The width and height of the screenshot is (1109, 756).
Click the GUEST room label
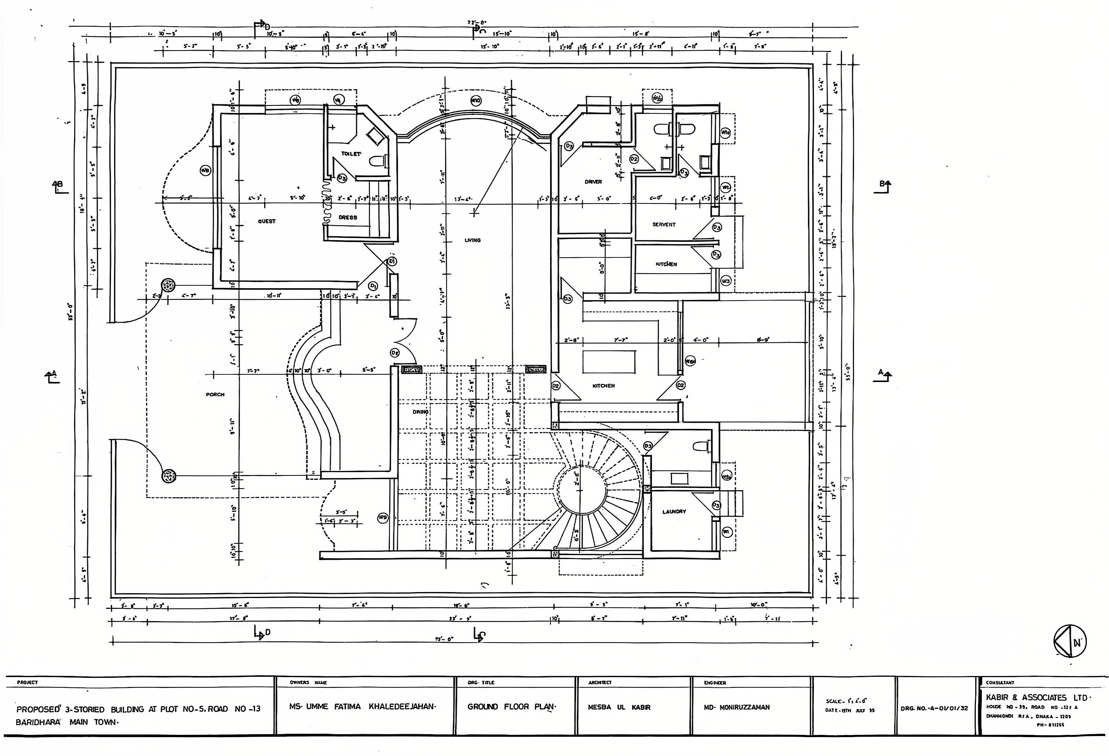pyautogui.click(x=267, y=221)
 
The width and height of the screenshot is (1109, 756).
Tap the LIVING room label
pyautogui.click(x=472, y=240)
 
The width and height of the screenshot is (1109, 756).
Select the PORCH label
pyautogui.click(x=215, y=395)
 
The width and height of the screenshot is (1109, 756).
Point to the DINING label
pyautogui.click(x=420, y=411)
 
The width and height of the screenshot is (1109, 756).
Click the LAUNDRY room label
pyautogui.click(x=674, y=512)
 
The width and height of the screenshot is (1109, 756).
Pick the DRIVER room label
pyautogui.click(x=593, y=182)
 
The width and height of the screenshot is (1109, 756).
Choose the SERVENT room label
pyautogui.click(x=664, y=224)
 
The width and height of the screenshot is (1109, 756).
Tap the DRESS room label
pyautogui.click(x=348, y=217)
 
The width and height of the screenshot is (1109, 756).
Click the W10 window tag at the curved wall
pyautogui.click(x=475, y=101)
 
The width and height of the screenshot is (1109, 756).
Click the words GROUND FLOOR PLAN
pyautogui.click(x=512, y=707)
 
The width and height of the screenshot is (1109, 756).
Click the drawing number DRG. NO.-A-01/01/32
pyautogui.click(x=934, y=708)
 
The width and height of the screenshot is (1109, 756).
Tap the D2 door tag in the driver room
pyautogui.click(x=634, y=158)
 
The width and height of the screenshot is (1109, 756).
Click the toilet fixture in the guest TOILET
pyautogui.click(x=378, y=161)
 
